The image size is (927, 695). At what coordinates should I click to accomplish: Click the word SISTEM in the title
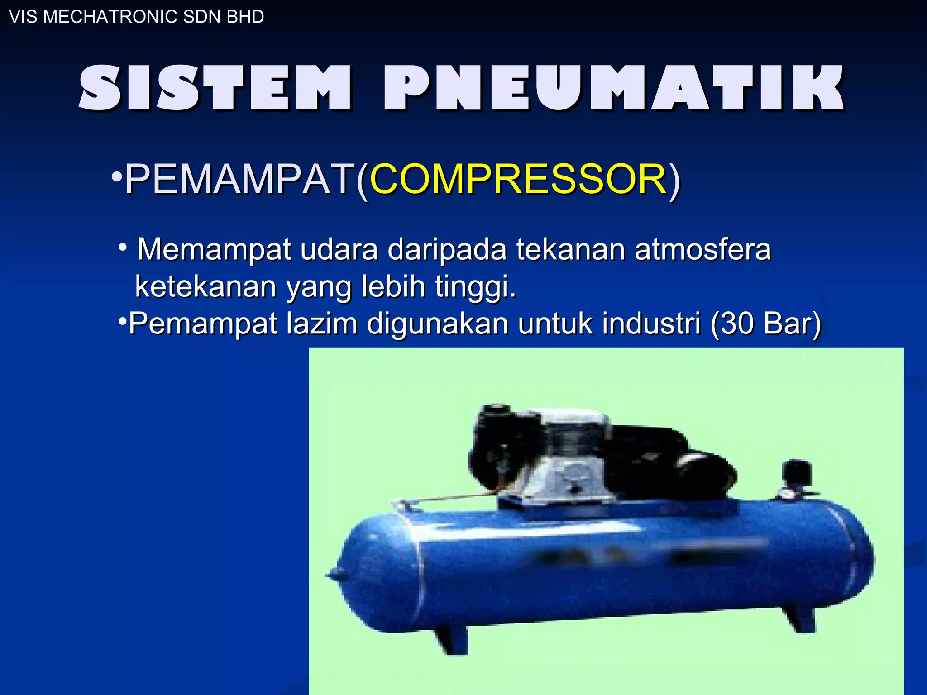pos(215,88)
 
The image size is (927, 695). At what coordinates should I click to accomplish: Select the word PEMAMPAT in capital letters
pos(240,180)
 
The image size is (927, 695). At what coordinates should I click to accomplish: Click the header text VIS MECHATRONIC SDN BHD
pos(136,17)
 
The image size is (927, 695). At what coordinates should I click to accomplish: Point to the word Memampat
pos(214,250)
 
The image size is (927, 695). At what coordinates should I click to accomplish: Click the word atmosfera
pos(702,250)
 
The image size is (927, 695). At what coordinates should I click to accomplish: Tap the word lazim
pos(322,324)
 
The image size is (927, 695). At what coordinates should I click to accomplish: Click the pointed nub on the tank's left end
pos(334,576)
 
